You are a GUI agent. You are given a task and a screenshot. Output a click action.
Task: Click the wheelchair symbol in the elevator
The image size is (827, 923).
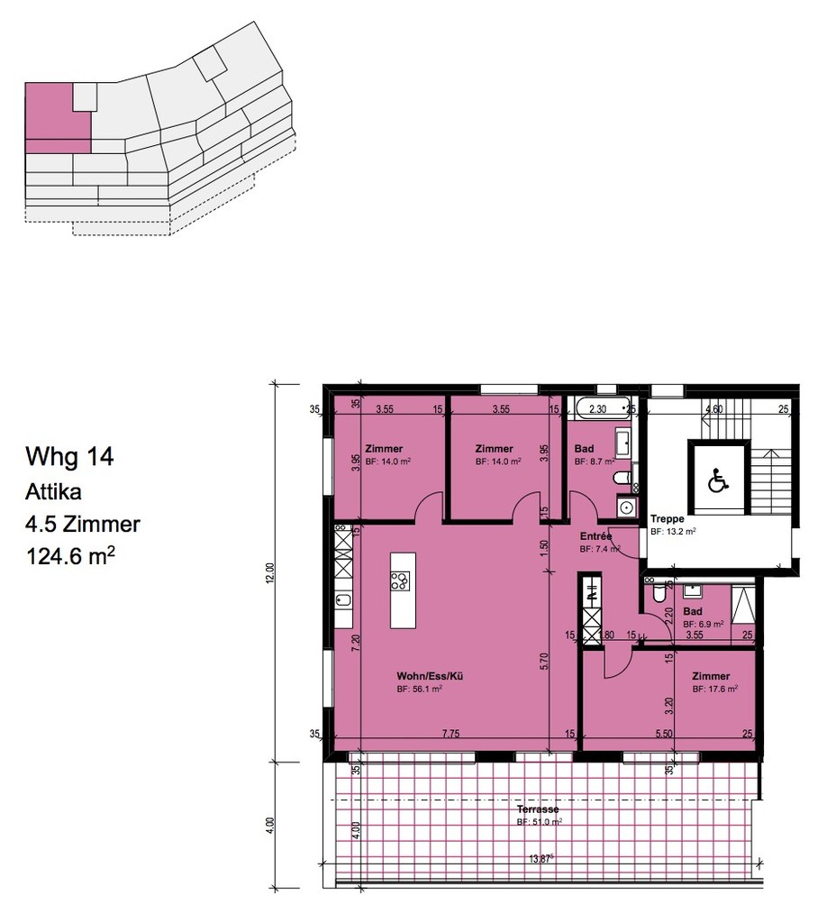pyautogui.click(x=718, y=480)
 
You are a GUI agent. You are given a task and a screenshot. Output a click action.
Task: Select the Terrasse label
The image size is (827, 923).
pyautogui.click(x=538, y=809)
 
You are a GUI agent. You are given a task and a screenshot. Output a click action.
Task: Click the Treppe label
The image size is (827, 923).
pyautogui.click(x=668, y=519)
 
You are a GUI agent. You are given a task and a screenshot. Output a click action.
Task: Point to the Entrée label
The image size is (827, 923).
pyautogui.click(x=595, y=535)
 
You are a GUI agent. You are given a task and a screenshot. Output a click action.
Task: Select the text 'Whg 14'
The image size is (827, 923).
pyautogui.click(x=70, y=457)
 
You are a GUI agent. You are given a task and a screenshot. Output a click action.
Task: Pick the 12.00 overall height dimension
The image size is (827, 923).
pyautogui.click(x=270, y=572)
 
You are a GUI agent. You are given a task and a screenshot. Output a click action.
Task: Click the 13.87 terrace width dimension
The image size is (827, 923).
pyautogui.click(x=541, y=859)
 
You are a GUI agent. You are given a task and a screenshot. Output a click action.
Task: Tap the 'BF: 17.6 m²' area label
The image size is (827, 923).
pyautogui.click(x=715, y=689)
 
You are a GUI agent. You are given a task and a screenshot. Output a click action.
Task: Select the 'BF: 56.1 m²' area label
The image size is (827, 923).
pyautogui.click(x=419, y=689)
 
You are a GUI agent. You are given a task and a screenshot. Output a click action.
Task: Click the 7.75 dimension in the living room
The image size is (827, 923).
pyautogui.click(x=450, y=735)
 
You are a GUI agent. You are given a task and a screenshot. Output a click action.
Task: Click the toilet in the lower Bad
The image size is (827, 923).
pyautogui.click(x=659, y=594)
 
